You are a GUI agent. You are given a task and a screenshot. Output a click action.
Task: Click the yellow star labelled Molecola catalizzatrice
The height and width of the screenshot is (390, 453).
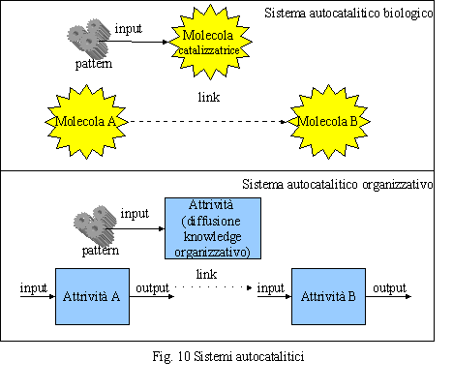pos(211,42)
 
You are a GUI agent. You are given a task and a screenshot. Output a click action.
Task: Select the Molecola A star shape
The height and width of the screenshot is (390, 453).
pos(86,122)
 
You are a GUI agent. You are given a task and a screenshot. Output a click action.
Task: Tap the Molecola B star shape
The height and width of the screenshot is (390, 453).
pos(328,122)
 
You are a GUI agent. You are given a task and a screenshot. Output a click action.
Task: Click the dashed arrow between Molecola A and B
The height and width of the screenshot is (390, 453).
pos(207,122)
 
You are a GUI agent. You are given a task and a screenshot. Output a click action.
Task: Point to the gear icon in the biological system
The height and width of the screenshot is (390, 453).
pos(87,38)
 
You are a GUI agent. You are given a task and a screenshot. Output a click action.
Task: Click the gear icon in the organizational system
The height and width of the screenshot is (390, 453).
pos(95,225)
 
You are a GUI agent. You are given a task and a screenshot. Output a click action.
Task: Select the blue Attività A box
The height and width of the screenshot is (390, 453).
pos(92,296)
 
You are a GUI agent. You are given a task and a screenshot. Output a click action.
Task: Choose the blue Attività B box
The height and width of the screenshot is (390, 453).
pos(328,296)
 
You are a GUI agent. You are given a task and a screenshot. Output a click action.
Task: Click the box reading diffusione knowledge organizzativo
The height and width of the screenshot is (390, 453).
pos(213,228)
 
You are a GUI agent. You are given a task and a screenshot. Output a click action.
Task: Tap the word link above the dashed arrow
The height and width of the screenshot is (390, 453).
pos(209,97)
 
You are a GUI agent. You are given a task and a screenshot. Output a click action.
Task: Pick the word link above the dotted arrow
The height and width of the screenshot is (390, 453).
pos(206,275)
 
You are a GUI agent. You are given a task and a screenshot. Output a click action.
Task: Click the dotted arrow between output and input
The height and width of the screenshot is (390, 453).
pos(213,287)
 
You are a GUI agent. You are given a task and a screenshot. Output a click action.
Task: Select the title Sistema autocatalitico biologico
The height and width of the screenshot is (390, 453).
pos(348,14)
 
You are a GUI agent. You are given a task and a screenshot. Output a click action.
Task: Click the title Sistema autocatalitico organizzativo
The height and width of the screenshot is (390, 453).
pos(338,185)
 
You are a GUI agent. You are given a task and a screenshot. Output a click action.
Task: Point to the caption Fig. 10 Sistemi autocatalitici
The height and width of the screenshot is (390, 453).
pos(228,357)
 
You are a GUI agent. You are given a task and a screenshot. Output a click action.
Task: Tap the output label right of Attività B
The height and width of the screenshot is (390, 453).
pos(389,288)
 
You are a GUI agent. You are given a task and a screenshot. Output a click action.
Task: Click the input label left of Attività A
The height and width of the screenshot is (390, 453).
pos(34,288)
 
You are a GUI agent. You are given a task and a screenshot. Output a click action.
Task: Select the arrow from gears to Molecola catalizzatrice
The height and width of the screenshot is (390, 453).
pos(134,42)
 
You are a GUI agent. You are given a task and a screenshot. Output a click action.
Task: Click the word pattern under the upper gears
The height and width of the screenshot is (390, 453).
pos(94,64)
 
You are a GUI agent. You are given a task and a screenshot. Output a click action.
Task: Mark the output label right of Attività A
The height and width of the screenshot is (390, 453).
pos(152,288)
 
